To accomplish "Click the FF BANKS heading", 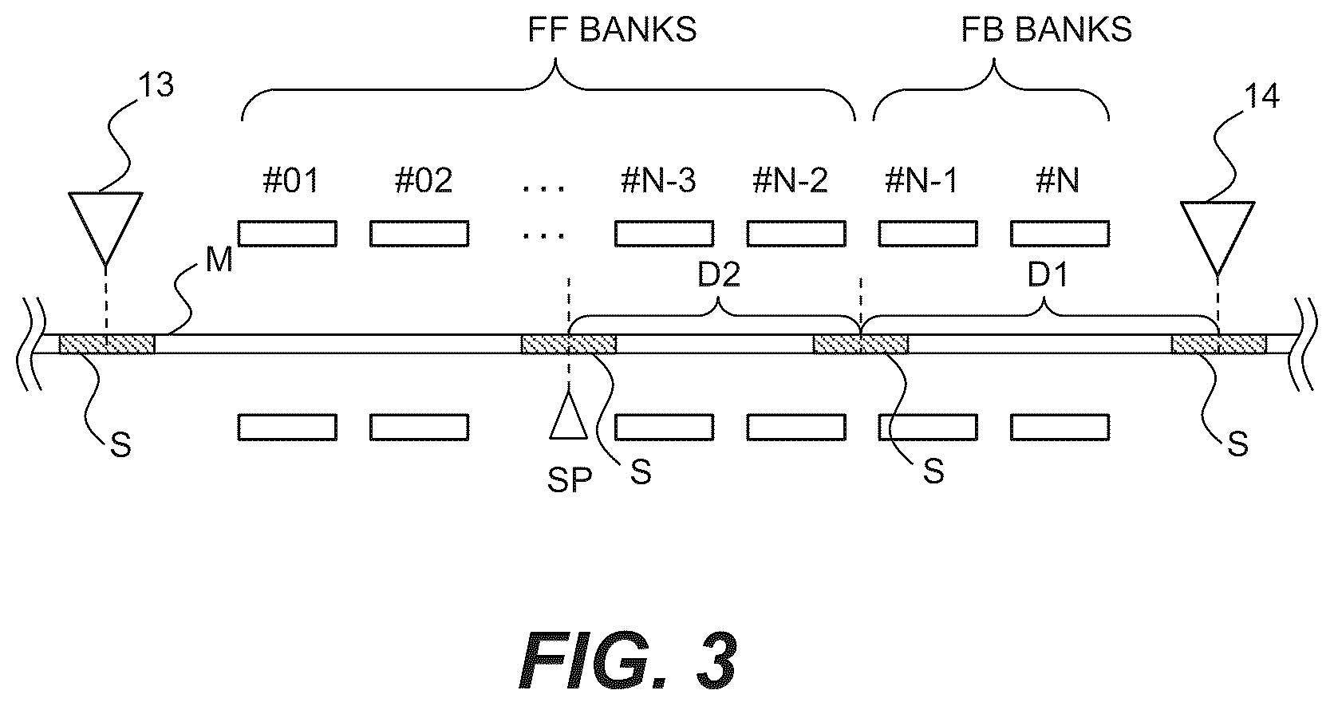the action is (x=612, y=30).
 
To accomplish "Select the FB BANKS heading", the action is (x=1046, y=30).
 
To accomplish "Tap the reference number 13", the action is (x=156, y=85).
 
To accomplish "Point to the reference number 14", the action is (x=1261, y=95).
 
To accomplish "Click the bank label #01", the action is (x=290, y=180).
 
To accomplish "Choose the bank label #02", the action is (x=424, y=180).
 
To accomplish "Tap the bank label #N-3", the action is (x=658, y=180).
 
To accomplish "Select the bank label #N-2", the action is (x=791, y=180).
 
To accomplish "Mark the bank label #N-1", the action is (x=922, y=180).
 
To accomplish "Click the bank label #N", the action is (x=1058, y=180).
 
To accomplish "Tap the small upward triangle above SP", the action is (x=569, y=416).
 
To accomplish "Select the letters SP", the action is (x=570, y=479).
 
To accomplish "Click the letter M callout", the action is (x=219, y=259).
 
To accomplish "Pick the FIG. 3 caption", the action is (x=628, y=661).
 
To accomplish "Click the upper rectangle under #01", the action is (x=288, y=234).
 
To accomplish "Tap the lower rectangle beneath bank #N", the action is (x=1060, y=428).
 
